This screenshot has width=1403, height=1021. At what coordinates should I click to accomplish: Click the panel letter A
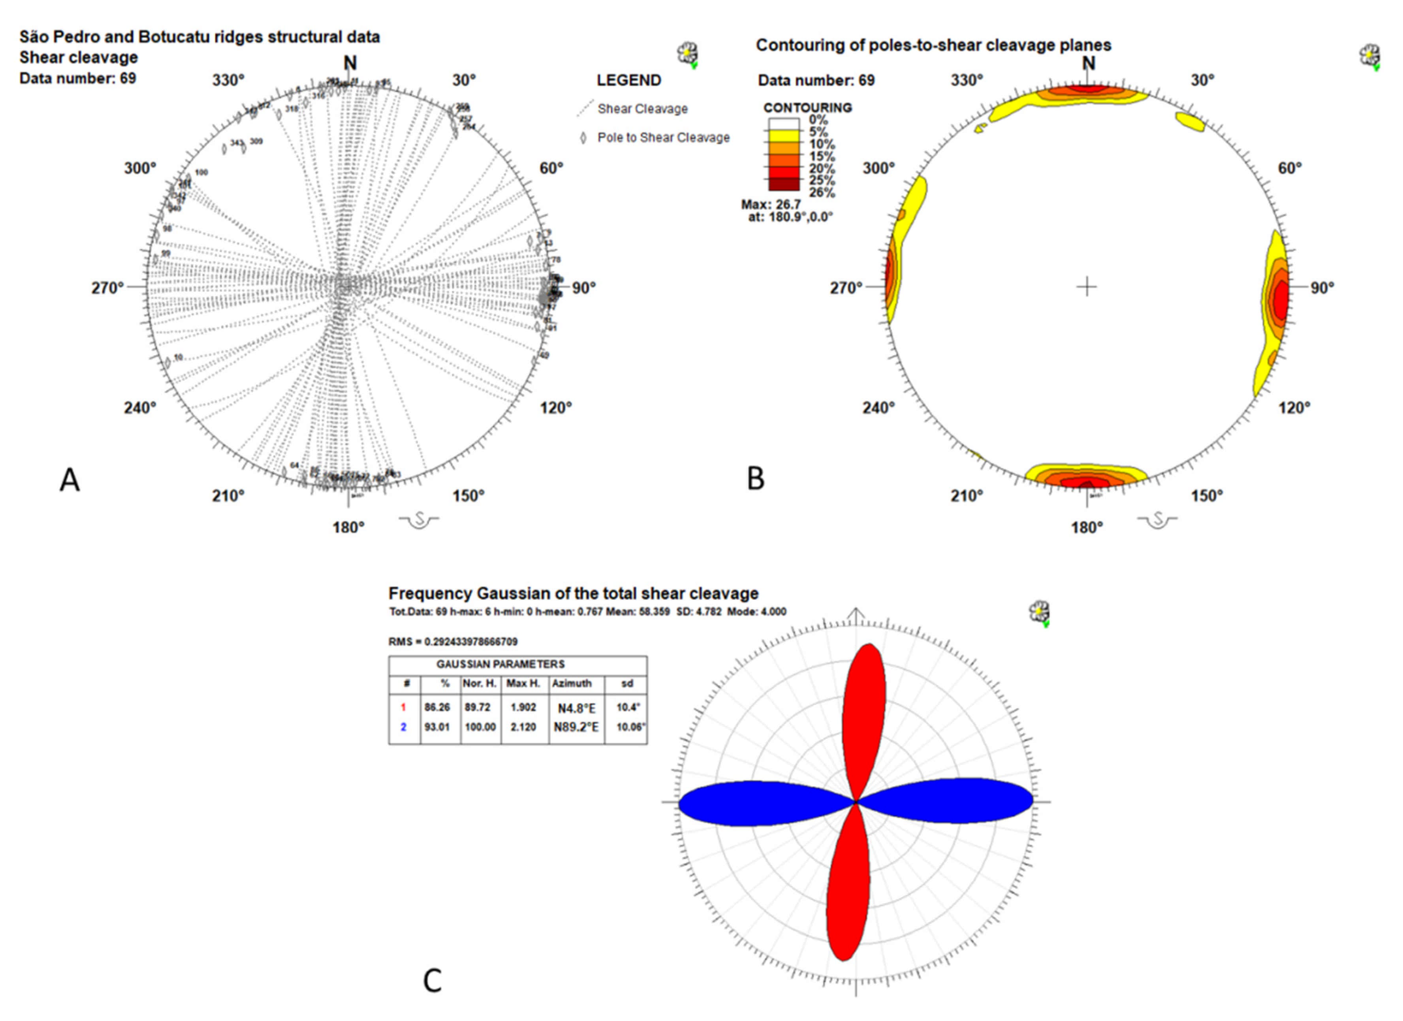[69, 480]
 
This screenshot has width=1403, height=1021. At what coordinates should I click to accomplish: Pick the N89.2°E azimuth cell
[576, 727]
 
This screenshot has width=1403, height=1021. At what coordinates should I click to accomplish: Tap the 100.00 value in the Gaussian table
[480, 727]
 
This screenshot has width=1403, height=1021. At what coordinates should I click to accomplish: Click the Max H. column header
[523, 684]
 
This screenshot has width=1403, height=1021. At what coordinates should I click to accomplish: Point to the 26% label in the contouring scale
[822, 192]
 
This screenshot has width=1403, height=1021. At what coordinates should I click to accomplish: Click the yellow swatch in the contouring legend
[784, 137]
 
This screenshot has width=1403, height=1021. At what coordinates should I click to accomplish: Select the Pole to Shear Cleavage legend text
[663, 138]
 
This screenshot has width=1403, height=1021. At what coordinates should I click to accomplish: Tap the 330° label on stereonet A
[228, 81]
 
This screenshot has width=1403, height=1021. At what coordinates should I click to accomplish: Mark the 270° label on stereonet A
[108, 288]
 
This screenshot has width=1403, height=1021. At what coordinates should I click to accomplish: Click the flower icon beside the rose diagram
[1039, 612]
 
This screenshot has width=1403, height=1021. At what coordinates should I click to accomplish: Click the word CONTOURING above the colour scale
[807, 107]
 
